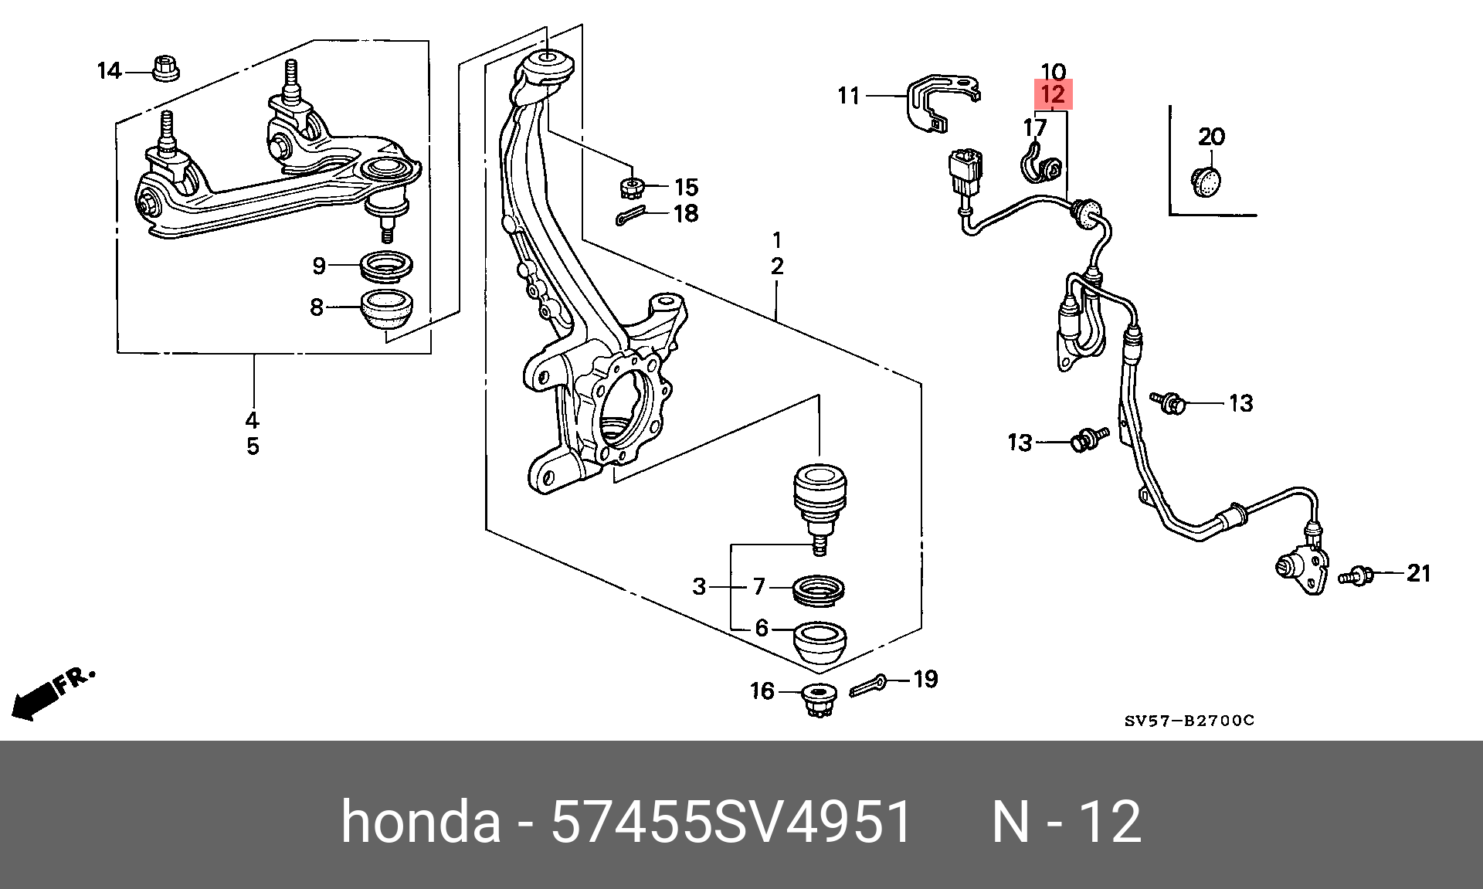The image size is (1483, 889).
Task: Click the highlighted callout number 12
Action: click(x=1053, y=95)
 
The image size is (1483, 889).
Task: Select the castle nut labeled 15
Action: click(x=632, y=186)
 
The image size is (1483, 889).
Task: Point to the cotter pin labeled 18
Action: click(x=631, y=217)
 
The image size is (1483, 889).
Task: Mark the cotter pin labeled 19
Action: click(x=869, y=685)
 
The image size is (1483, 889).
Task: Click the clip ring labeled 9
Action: click(x=386, y=266)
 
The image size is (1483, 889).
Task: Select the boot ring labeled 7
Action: click(x=819, y=590)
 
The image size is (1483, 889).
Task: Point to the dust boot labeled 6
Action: click(x=820, y=642)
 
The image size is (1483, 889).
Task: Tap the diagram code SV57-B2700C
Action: click(x=1189, y=721)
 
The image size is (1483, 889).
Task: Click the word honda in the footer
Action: click(x=421, y=821)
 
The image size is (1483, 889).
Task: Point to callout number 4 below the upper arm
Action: click(x=253, y=420)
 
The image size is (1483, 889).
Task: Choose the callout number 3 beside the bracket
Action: click(x=699, y=586)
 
